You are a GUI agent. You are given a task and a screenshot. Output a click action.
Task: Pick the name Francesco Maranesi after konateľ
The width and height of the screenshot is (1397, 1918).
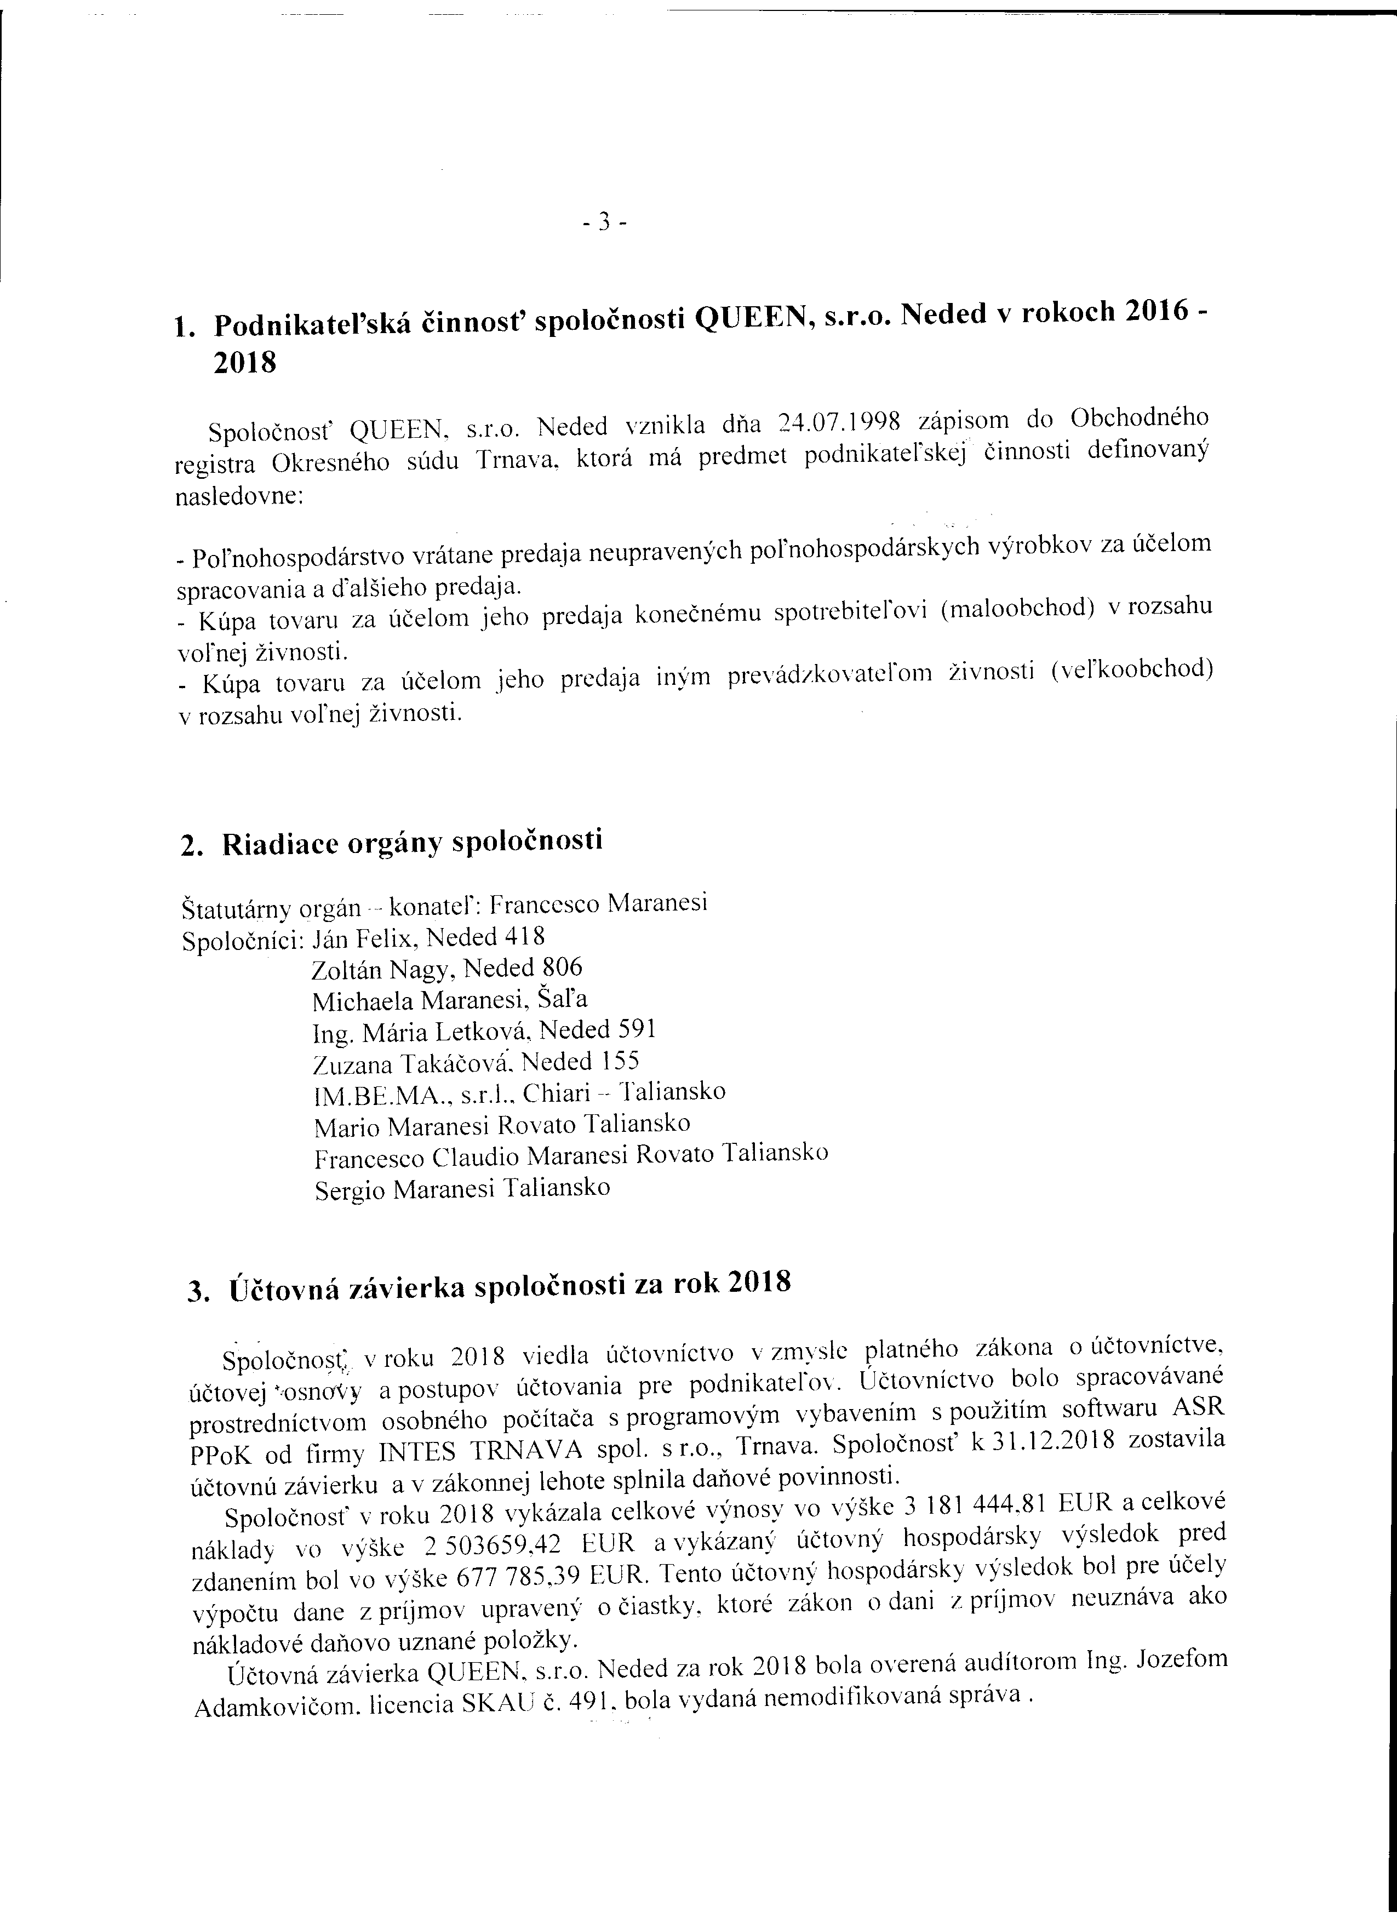(599, 904)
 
